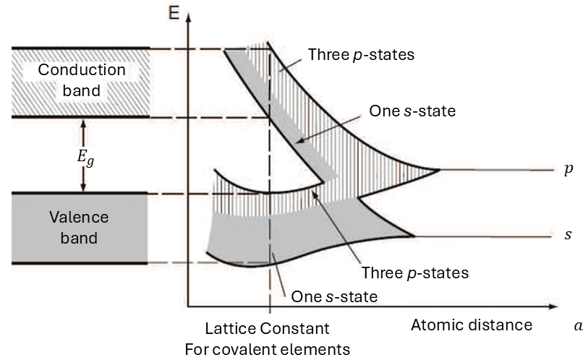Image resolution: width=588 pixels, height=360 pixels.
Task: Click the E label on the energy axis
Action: (x=174, y=13)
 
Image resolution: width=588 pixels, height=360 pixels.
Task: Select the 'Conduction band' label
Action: (x=82, y=80)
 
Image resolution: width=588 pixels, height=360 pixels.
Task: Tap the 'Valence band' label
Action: (x=79, y=227)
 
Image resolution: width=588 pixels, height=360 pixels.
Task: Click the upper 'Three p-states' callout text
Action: (x=361, y=55)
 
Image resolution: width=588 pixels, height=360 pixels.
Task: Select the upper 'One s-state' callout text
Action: (x=412, y=111)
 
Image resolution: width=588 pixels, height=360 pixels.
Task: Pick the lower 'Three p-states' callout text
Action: (x=415, y=273)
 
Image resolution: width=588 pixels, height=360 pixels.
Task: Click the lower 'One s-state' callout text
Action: (x=334, y=296)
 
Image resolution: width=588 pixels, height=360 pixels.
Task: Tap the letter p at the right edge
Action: (x=568, y=169)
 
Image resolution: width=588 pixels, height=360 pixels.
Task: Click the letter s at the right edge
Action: (x=568, y=235)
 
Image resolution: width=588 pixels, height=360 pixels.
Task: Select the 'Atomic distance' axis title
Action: (x=472, y=325)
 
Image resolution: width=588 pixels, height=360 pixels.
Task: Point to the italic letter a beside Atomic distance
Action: (x=579, y=325)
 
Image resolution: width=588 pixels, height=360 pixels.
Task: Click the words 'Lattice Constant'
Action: (x=267, y=328)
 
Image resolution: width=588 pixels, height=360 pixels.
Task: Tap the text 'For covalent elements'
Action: (x=268, y=349)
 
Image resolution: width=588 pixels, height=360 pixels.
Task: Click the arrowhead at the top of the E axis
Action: (x=188, y=17)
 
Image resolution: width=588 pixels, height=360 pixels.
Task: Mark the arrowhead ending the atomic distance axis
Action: (x=553, y=307)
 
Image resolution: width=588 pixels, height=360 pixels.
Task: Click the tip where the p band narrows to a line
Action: (x=439, y=171)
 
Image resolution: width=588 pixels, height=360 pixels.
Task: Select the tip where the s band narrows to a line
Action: (x=414, y=236)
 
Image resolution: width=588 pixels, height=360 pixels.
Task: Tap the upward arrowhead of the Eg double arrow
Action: (x=83, y=123)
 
